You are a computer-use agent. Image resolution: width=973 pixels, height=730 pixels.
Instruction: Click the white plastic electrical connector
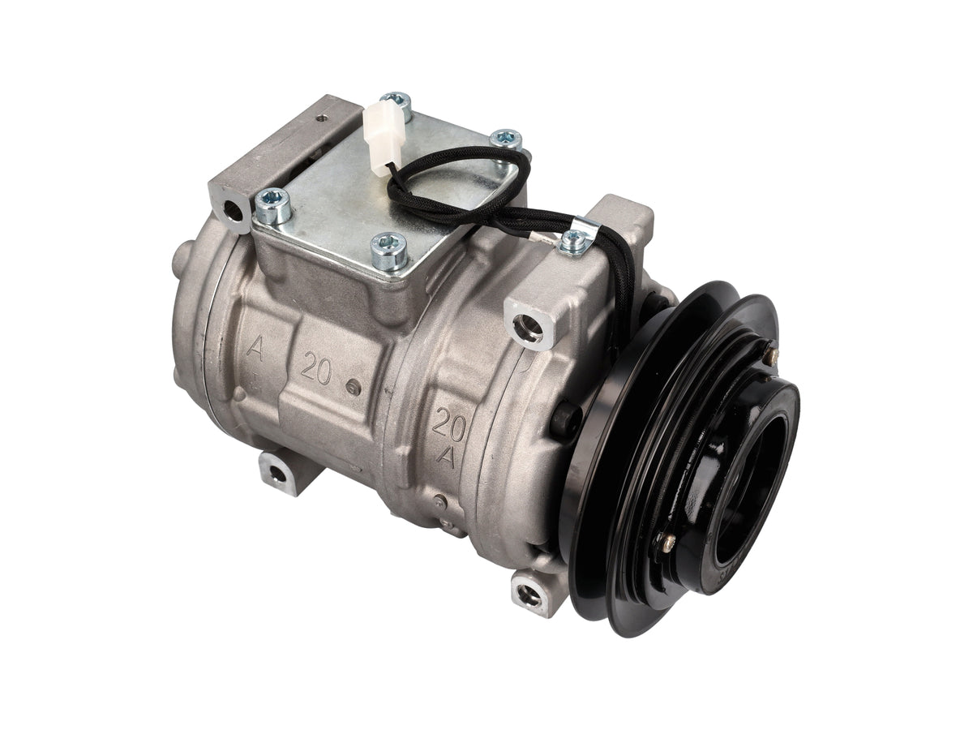tap(381, 136)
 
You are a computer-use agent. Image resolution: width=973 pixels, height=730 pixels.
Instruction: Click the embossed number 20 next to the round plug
tap(315, 367)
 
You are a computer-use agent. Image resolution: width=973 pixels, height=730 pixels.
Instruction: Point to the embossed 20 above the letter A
tap(448, 423)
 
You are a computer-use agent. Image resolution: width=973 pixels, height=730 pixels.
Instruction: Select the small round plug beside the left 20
tap(354, 388)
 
